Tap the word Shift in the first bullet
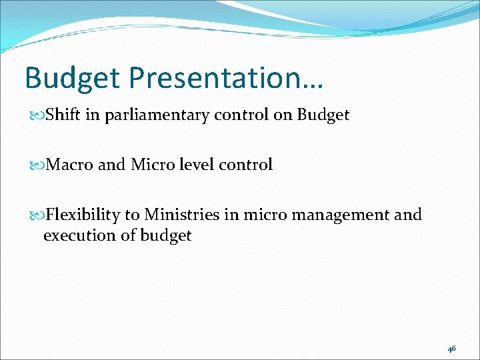[63, 115]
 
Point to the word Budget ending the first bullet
[323, 115]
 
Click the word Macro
[69, 165]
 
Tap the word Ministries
[181, 215]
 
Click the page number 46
[452, 349]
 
